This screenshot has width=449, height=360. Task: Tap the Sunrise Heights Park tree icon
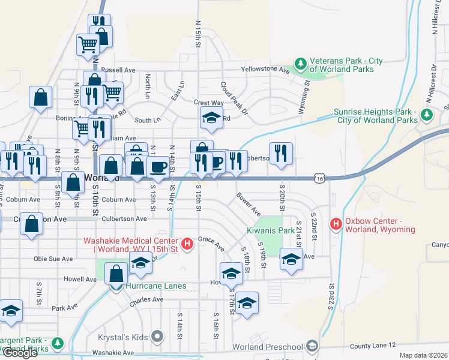tap(427, 114)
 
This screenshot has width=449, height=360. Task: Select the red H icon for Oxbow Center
tap(336, 225)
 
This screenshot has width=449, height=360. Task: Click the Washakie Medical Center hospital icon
tap(187, 243)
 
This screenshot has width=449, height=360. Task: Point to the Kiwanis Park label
tap(270, 230)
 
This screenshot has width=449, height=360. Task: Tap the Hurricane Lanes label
tap(156, 286)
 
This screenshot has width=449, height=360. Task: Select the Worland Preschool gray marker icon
tap(312, 346)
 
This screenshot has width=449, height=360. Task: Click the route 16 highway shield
tap(321, 178)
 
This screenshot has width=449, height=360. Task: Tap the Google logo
tap(19, 353)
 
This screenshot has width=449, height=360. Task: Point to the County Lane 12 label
tap(373, 346)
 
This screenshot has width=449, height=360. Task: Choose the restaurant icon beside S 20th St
tap(281, 154)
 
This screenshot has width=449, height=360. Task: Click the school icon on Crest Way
tap(211, 118)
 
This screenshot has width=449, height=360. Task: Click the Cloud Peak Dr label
tap(234, 98)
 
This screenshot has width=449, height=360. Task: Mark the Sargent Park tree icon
tap(58, 343)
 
